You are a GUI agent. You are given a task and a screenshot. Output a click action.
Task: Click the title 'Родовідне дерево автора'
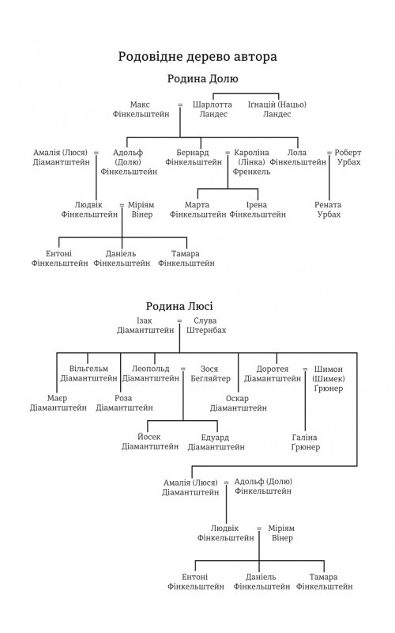pos(197,57)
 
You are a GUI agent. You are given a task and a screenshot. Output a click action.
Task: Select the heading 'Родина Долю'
pos(203,78)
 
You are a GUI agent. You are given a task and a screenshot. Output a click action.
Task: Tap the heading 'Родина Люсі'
pos(179,306)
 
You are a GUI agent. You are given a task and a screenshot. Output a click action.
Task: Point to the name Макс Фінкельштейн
pos(141,109)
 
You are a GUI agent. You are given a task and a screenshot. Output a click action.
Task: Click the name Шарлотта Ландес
pos(213,109)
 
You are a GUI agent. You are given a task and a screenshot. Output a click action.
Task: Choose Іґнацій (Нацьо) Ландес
pos(277,109)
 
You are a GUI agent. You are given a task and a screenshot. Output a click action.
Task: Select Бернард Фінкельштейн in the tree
pos(194,157)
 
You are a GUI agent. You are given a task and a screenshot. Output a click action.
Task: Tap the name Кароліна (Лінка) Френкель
pos(250,162)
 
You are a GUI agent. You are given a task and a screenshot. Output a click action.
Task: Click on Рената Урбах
pos(328,210)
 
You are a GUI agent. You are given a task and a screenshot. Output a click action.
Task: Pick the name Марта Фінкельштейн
pos(197,210)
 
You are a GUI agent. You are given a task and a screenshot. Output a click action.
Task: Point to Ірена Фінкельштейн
pos(258,210)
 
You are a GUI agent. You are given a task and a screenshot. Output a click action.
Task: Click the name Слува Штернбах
pos(206,325)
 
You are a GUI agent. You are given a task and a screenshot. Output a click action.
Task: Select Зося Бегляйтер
pos(210,373)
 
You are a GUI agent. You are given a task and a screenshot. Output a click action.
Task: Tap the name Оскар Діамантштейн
pos(239,404)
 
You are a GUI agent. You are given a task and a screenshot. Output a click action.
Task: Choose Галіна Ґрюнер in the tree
pos(305,442)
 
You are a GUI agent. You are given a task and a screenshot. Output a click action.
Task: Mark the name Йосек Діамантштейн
pos(150,442)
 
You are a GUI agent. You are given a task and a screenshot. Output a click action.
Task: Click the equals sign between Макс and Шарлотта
pos(180,105)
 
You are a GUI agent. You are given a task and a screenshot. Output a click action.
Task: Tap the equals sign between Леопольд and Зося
pos(183,369)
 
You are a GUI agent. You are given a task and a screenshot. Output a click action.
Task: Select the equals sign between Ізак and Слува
pos(179,321)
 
